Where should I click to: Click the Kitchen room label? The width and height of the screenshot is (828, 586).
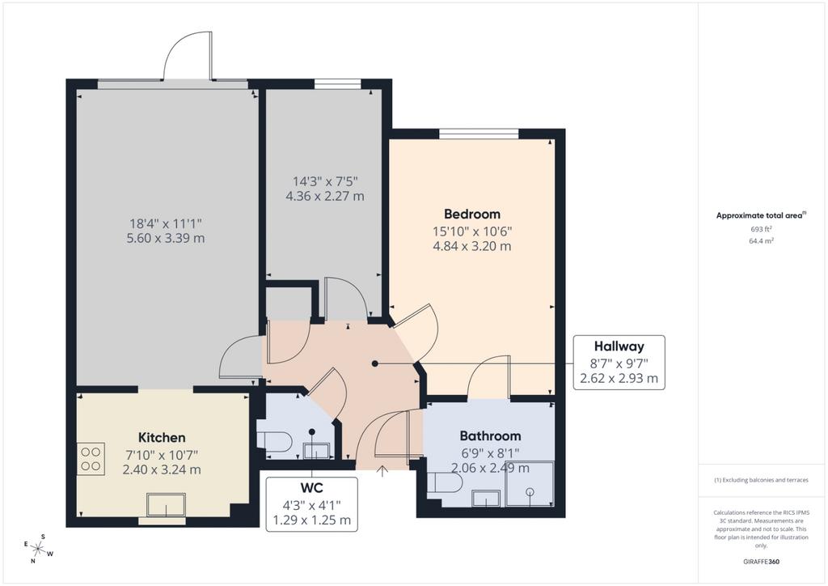click(162, 438)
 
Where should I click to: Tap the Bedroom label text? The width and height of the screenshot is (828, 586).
click(472, 214)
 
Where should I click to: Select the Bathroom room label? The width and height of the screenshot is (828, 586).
click(490, 436)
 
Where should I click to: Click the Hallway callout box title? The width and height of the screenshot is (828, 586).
click(619, 346)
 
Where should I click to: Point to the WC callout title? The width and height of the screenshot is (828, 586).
click(311, 487)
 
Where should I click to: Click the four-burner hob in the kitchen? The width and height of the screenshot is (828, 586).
click(91, 459)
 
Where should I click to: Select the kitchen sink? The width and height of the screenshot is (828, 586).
click(167, 504)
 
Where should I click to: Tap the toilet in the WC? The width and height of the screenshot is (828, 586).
click(275, 439)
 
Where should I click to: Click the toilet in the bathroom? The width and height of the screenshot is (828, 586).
click(444, 483)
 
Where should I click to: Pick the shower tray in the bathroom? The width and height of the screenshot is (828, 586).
click(530, 484)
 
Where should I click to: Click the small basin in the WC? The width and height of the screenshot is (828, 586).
click(316, 451)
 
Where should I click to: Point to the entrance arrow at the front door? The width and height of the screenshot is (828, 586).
click(382, 471)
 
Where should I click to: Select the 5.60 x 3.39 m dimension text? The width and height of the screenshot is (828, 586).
click(165, 238)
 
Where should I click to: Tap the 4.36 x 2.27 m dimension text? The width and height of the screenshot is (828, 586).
click(325, 196)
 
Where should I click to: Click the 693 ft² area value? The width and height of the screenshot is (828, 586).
click(761, 229)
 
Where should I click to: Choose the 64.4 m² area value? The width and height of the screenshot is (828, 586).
click(761, 240)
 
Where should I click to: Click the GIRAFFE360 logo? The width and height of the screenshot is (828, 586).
click(761, 562)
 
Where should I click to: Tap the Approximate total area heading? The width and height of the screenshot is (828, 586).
click(758, 215)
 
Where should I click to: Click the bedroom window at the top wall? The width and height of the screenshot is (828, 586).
click(479, 134)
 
